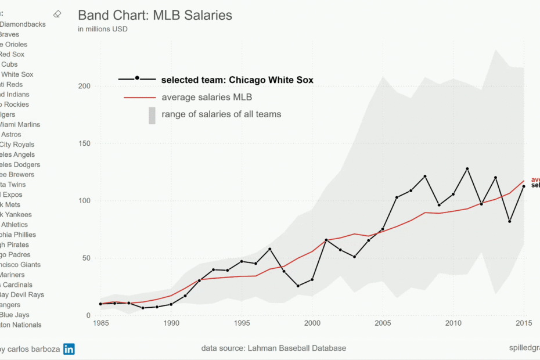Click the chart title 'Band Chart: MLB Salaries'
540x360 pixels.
click(x=155, y=16)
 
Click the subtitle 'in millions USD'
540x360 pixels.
click(x=103, y=29)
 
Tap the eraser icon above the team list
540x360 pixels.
click(x=57, y=13)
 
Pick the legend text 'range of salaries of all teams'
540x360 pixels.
click(x=221, y=114)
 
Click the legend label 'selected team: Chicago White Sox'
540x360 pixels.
click(x=237, y=80)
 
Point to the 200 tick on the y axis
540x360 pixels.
click(x=85, y=87)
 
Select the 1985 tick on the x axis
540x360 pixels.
click(x=100, y=323)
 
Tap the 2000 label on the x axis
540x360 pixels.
click(x=312, y=323)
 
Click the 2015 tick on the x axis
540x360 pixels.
click(x=524, y=323)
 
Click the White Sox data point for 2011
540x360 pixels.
click(x=467, y=169)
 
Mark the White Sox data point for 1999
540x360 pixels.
click(x=298, y=286)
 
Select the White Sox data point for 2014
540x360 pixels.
click(x=510, y=221)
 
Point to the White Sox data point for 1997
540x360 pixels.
click(x=270, y=249)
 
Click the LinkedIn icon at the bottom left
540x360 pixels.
click(x=69, y=349)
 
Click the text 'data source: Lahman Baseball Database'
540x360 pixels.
click(x=273, y=348)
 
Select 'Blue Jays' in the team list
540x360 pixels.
click(x=12, y=315)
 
